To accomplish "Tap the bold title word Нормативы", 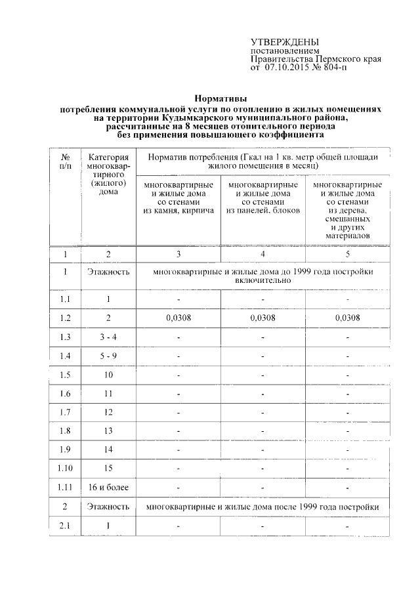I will point(220,99).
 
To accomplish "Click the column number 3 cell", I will point(178,253).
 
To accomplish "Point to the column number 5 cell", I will point(347,253).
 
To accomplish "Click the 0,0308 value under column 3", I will point(178,318).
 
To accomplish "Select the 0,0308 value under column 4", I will point(262,318).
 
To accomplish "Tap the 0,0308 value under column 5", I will point(347,318).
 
